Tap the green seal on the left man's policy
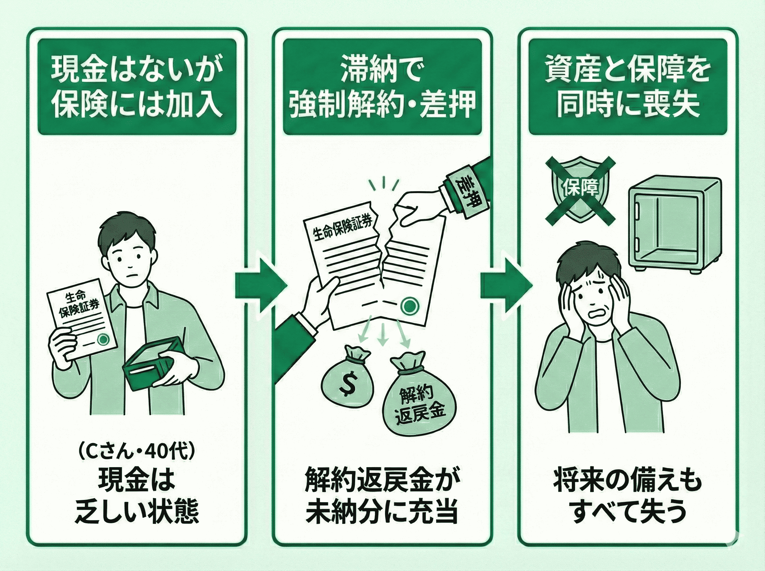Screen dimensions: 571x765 (x=103, y=340)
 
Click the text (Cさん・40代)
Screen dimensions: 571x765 (x=137, y=452)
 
